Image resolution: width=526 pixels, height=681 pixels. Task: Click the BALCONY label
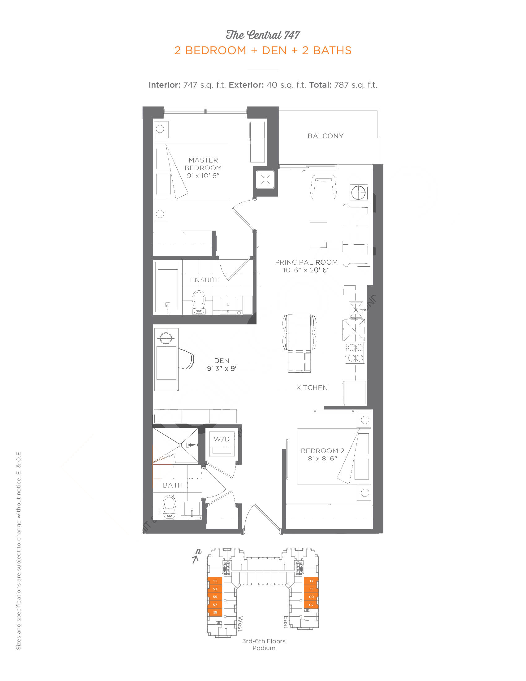(325, 136)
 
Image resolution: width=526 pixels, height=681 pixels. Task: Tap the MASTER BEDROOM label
(203, 164)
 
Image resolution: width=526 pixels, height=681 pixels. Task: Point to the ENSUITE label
(205, 280)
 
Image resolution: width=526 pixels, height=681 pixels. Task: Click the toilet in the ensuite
(199, 302)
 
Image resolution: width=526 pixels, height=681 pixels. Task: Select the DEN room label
(222, 361)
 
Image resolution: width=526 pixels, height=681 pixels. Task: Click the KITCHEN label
(312, 388)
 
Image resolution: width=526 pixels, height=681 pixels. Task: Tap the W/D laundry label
(222, 439)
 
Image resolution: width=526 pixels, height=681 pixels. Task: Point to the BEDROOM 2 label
(322, 451)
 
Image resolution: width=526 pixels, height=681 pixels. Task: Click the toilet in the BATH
(170, 507)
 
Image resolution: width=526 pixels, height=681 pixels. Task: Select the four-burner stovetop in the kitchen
(355, 353)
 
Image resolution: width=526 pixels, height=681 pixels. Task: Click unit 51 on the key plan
(215, 581)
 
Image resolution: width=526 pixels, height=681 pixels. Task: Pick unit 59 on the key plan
(215, 612)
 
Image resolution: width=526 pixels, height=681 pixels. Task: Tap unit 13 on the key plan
(311, 581)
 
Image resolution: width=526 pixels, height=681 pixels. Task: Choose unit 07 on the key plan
(311, 605)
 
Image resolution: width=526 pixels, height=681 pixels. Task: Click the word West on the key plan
(240, 624)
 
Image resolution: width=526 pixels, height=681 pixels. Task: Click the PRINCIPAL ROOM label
(306, 262)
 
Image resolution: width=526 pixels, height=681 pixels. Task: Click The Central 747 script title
(263, 35)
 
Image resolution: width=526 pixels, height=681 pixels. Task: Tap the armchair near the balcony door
(323, 187)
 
